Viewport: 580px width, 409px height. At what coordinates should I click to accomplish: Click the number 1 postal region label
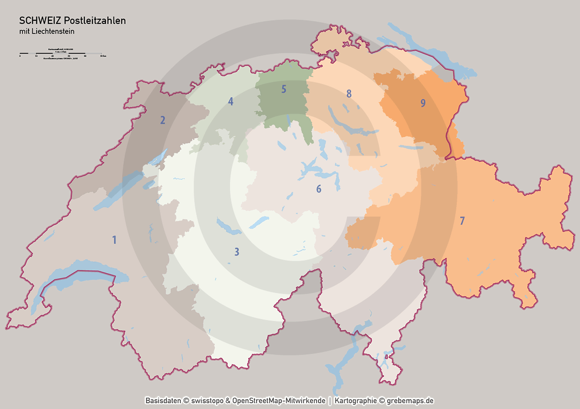115,240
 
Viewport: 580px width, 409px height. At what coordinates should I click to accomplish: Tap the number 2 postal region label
163,120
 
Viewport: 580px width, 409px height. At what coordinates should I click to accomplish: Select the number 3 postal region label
237,251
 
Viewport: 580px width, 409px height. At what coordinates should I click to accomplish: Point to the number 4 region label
231,102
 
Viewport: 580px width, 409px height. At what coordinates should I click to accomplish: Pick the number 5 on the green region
284,89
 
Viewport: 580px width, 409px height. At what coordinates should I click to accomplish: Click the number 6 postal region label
319,189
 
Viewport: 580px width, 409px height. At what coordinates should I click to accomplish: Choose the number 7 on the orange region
462,221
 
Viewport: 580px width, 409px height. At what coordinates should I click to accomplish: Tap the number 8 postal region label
348,94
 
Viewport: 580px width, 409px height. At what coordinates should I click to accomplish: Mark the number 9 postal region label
423,103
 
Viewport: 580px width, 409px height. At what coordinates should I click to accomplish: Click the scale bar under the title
60,53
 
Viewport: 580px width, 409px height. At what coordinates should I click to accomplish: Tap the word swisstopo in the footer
207,401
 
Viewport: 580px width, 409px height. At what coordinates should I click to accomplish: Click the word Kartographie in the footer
355,401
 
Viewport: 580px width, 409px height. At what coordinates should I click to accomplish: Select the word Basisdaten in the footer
163,401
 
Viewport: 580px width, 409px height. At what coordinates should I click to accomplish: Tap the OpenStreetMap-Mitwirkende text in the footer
279,401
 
